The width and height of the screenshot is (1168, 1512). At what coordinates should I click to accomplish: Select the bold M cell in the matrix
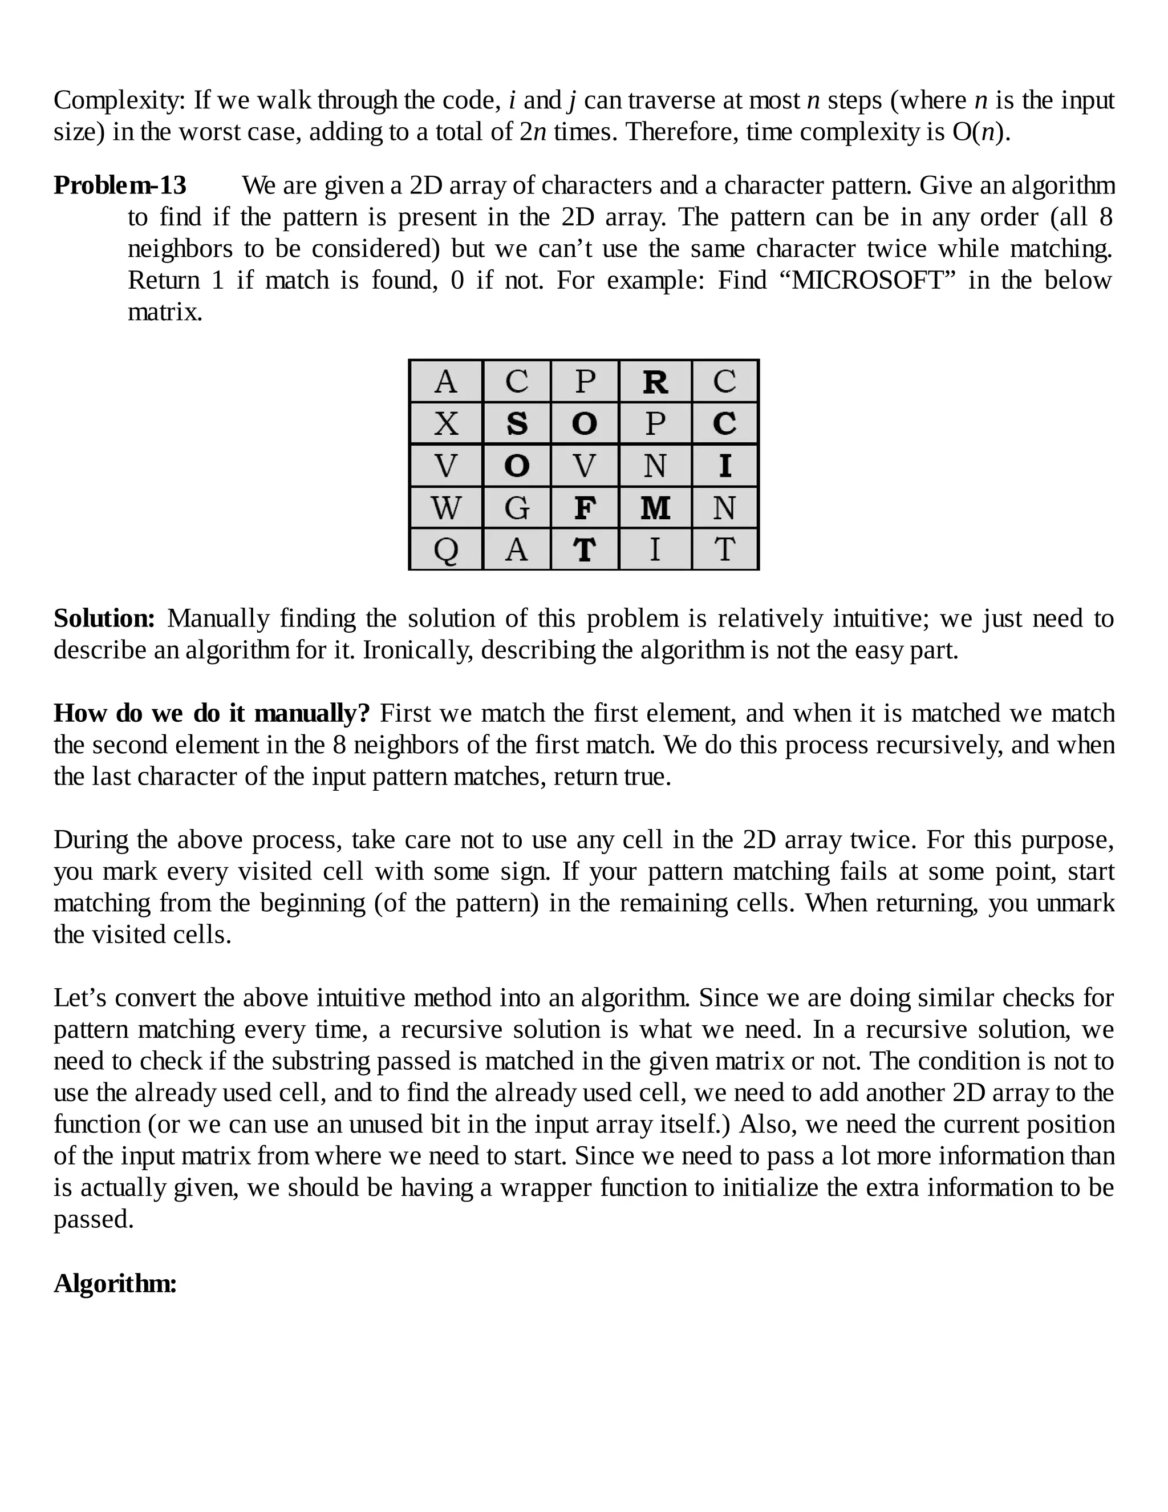(x=655, y=507)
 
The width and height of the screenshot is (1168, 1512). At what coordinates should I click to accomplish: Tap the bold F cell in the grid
(x=585, y=507)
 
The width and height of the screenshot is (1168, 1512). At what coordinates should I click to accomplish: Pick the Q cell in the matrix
(x=445, y=549)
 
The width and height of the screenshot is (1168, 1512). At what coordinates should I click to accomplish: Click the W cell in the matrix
(x=445, y=507)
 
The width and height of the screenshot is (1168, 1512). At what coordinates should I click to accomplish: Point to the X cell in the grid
(x=445, y=423)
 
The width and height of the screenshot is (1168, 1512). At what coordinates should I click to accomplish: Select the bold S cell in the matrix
(x=516, y=423)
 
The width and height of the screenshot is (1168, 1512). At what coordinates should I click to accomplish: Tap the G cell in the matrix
(x=516, y=507)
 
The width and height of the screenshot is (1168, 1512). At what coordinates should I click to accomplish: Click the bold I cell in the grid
(x=724, y=465)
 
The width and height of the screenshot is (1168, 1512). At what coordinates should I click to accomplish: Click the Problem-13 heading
(x=120, y=185)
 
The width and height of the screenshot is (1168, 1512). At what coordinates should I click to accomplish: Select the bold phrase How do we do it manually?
(x=212, y=713)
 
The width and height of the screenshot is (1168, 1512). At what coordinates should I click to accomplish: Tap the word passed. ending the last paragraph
(x=94, y=1219)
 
